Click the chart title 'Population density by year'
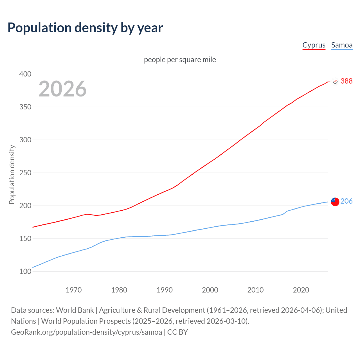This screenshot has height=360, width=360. [x=85, y=28]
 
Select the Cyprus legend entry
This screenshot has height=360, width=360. [x=314, y=45]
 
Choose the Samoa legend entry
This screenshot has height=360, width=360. [x=342, y=45]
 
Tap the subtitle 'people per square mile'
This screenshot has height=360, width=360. [x=180, y=60]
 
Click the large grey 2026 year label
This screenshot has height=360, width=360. [x=62, y=89]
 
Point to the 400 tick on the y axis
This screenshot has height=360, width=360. [x=25, y=74]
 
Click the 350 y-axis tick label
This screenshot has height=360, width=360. [x=25, y=107]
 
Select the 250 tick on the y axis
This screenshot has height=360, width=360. [x=25, y=173]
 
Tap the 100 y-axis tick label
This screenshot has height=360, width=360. [x=25, y=271]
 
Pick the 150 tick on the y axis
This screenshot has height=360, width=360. [x=25, y=238]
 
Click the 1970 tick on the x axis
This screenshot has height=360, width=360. [x=74, y=290]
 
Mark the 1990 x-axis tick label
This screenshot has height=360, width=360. [x=165, y=290]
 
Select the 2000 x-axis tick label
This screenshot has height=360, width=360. [x=210, y=290]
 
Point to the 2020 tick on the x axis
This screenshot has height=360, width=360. [x=301, y=290]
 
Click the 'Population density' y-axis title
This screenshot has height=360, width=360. [x=12, y=174]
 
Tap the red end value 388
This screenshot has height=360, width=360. [x=346, y=81]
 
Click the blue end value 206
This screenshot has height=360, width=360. [x=346, y=201]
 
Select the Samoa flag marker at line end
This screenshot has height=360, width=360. [x=335, y=202]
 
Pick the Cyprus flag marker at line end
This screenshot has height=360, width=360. [x=335, y=81]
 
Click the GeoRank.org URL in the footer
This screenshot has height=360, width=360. [x=87, y=332]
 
